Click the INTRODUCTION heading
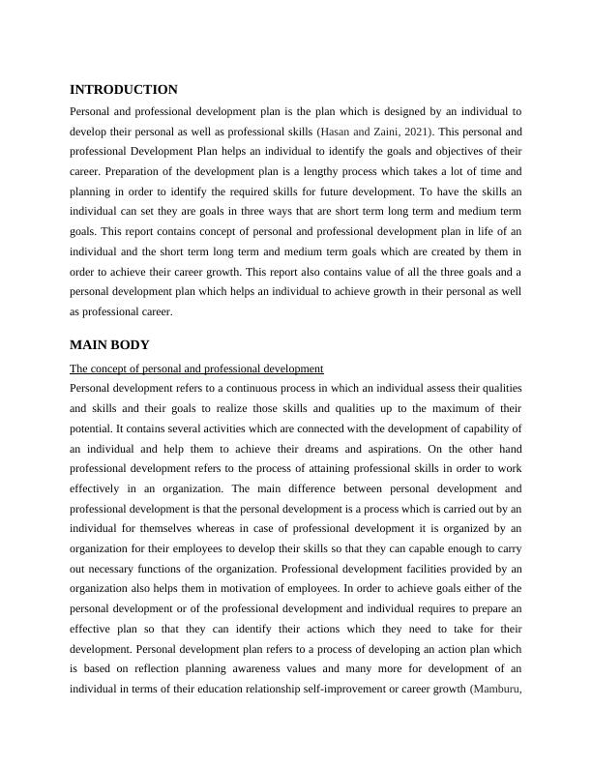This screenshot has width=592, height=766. pos(124,89)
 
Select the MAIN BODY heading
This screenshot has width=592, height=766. pos(109,345)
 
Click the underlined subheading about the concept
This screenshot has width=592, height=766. pos(196,368)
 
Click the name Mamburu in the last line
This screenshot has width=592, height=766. pos(497,691)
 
